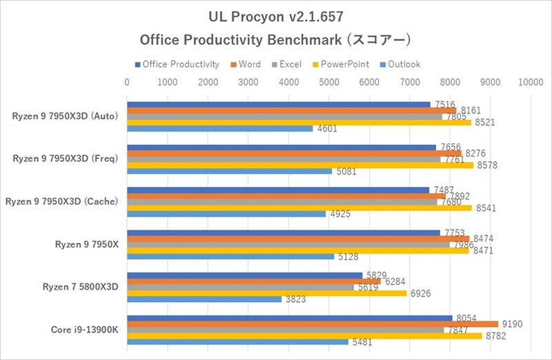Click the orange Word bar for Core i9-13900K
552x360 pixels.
[x=312, y=323]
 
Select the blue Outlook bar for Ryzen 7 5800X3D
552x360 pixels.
[x=204, y=299]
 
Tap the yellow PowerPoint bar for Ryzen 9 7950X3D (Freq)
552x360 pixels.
[x=300, y=166]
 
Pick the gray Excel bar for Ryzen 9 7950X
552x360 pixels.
[x=288, y=244]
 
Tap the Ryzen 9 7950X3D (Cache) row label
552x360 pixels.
[x=61, y=201]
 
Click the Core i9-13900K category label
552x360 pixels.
[x=84, y=330]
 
